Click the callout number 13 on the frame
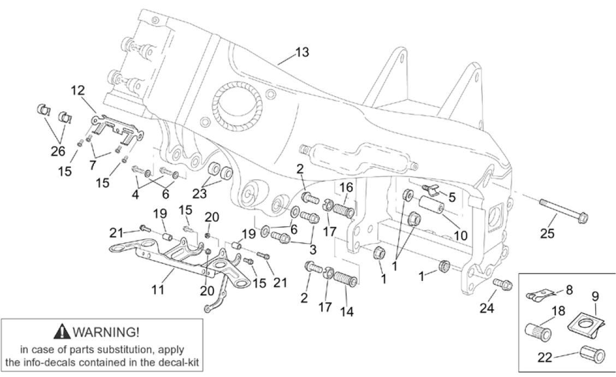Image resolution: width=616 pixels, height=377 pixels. coord(302,52)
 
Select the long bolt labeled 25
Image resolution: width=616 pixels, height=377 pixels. coord(562,213)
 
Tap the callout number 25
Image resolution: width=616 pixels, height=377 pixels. coord(547,234)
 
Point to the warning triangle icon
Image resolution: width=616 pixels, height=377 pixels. coord(64,331)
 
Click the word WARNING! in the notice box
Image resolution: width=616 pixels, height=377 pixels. coord(106,331)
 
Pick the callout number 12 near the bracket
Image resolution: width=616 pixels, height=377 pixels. coord(79,90)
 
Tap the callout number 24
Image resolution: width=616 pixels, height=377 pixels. coord(487,308)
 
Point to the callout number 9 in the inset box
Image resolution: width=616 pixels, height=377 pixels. coord(595,296)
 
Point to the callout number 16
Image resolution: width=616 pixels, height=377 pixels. coord(347,188)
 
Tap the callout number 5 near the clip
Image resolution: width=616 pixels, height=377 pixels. coord(452,196)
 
